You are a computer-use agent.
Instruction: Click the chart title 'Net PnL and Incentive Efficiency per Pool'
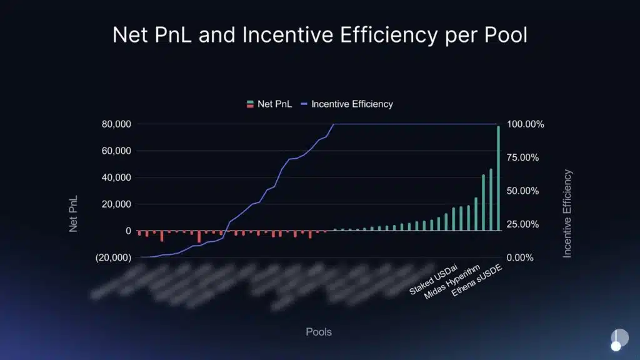click(319, 35)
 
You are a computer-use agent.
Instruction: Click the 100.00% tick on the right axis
click(525, 124)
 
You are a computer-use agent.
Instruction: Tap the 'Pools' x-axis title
click(319, 332)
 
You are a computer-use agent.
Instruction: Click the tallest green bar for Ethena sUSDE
click(499, 178)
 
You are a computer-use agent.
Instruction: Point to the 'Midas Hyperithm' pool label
click(452, 282)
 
